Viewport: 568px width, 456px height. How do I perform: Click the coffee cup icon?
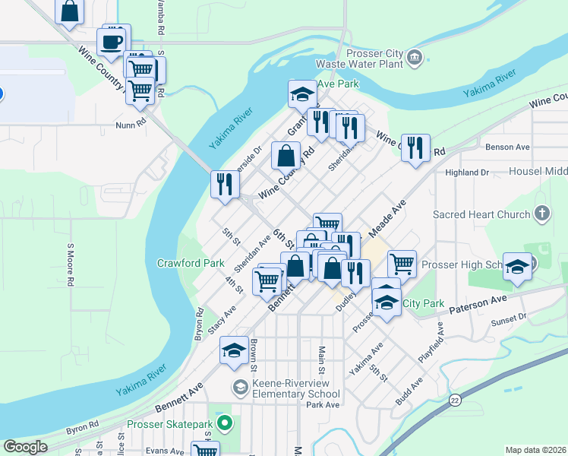pyautogui.click(x=112, y=41)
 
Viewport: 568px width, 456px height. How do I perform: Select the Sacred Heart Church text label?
pyautogui.click(x=481, y=215)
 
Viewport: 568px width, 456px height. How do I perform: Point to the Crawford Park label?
pyautogui.click(x=190, y=263)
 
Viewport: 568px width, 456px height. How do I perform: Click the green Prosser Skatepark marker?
pyautogui.click(x=223, y=422)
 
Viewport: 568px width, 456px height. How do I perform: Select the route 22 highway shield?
pyautogui.click(x=455, y=399)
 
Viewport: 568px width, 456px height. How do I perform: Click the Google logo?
pyautogui.click(x=26, y=447)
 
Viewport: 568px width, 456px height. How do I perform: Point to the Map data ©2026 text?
pyautogui.click(x=535, y=450)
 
